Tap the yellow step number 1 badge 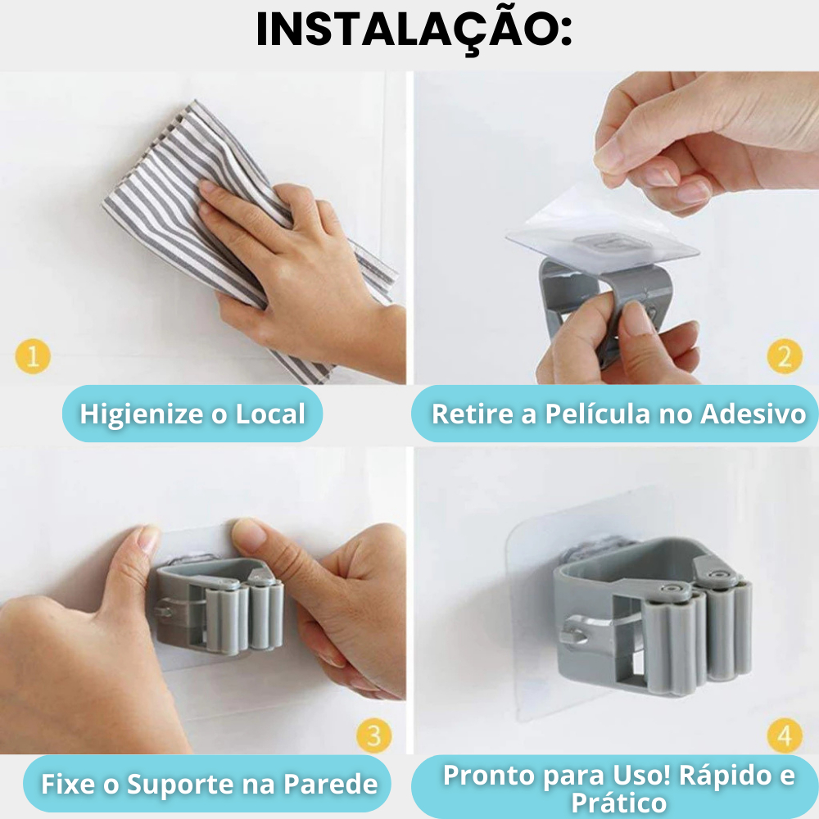coord(33,357)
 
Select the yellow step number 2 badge coord(784,356)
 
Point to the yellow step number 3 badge coord(373,735)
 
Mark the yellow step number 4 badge coord(784,736)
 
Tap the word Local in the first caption coord(270,414)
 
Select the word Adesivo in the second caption coord(753,414)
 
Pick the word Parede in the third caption coord(330,785)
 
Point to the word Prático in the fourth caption coord(618,803)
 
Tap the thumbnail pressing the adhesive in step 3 coord(250,532)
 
